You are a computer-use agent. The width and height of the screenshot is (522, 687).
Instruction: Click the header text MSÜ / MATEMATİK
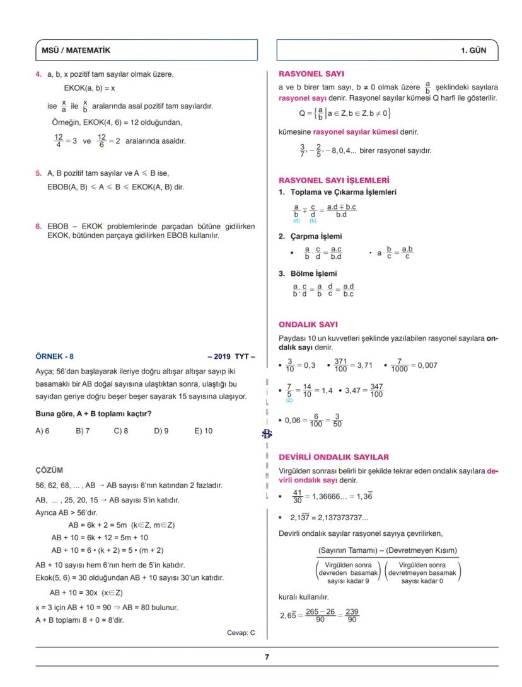coord(75,50)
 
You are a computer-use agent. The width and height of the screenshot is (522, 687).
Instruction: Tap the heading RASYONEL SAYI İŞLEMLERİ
coord(333,180)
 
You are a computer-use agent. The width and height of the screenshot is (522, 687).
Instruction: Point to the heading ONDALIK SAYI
coord(308,325)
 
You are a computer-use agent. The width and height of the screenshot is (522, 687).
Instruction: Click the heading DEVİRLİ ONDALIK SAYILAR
coord(333,457)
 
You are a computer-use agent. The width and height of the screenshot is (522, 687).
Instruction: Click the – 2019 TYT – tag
coord(231,356)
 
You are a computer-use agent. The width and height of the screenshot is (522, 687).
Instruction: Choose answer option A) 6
coord(42,431)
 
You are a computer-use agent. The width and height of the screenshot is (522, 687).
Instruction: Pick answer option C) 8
coord(121,431)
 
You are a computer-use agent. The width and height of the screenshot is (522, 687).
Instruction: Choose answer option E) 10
coord(204,431)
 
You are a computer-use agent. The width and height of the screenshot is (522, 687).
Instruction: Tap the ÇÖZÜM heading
coord(49,470)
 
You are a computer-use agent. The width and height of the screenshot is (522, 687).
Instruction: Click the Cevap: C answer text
coord(241,633)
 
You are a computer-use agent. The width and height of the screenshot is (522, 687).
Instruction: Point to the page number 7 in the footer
coord(267,657)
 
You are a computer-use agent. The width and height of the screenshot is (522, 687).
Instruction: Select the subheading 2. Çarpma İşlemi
coord(310,237)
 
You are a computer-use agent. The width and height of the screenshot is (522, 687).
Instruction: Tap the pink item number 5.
coord(38,173)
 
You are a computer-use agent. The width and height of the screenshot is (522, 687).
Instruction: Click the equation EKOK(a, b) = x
coord(90,88)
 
